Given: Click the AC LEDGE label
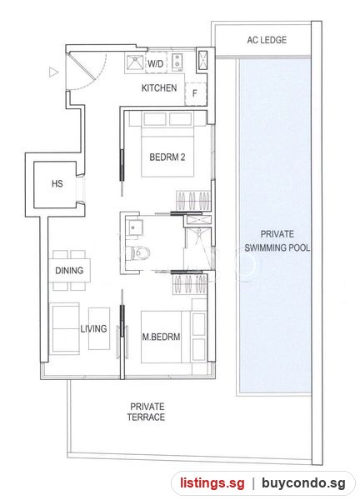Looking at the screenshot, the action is click(267, 40).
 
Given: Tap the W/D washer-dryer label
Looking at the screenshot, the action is click(155, 64).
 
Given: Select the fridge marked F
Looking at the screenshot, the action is click(196, 93).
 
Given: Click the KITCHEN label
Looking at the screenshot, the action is click(159, 87).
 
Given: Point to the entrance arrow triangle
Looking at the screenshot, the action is click(53, 72).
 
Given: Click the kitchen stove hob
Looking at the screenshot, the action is click(177, 62).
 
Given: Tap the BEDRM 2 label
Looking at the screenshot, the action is click(167, 157).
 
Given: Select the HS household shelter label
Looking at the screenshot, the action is click(57, 183).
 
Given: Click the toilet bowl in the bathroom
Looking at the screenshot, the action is click(138, 253).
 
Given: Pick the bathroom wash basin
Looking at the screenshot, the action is click(132, 227).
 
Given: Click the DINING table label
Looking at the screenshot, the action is click(69, 271).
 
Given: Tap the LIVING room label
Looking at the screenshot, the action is click(93, 329).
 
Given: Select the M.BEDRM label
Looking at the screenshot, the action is click(161, 337).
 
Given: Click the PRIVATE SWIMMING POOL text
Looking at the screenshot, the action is click(277, 241).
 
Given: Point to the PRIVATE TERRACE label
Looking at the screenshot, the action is click(147, 412).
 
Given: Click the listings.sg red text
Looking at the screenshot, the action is click(212, 482).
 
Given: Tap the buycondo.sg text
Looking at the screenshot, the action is click(303, 482).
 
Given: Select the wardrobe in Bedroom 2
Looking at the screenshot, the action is click(193, 201).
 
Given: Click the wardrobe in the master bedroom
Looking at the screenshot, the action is click(190, 284).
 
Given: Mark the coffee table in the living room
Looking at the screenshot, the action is click(99, 328).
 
